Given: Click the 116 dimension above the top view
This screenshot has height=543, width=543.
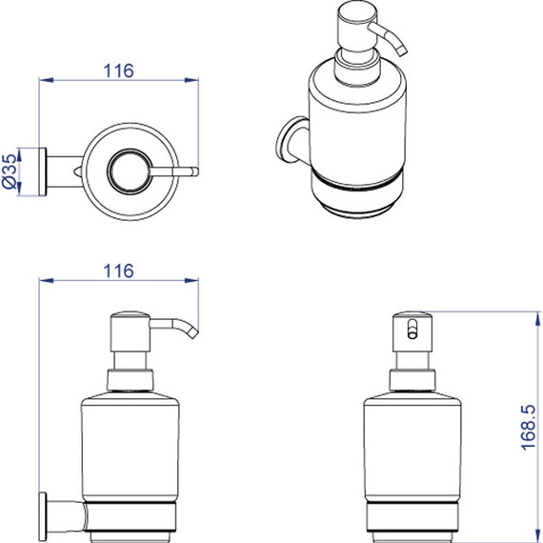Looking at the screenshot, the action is click(118, 71).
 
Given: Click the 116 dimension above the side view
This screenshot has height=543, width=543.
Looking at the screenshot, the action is click(118, 271).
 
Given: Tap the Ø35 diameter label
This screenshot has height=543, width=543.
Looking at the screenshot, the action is click(10, 171).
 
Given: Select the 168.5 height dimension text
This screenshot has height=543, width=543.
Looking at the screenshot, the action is click(528, 428).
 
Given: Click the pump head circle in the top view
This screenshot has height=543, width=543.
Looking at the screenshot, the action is click(130, 171).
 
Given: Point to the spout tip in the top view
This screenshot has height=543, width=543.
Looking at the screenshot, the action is click(195, 171).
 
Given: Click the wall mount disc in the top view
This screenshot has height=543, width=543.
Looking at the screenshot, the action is click(42, 171).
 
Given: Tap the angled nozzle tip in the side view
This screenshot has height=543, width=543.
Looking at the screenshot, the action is click(192, 333).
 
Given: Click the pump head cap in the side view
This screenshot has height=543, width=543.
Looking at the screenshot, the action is click(130, 332).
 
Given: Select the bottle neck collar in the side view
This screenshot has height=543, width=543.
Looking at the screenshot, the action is click(130, 380).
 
